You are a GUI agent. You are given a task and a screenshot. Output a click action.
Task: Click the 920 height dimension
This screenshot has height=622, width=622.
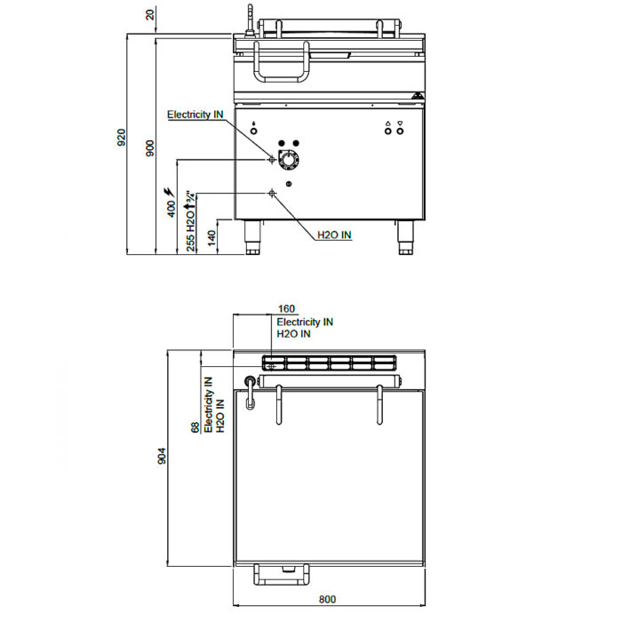pyautogui.click(x=122, y=137)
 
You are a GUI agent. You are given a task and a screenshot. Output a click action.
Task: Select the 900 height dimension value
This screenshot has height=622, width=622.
pyautogui.click(x=149, y=148)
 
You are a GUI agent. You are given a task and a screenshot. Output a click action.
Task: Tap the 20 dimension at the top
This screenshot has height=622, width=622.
pyautogui.click(x=149, y=15)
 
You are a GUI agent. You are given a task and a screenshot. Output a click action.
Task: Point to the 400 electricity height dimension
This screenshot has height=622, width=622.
pyautogui.click(x=171, y=209)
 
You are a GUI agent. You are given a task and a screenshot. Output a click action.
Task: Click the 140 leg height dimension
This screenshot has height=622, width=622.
pyautogui.click(x=211, y=237)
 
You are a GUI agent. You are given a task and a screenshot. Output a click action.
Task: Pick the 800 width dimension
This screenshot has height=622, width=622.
pyautogui.click(x=327, y=599)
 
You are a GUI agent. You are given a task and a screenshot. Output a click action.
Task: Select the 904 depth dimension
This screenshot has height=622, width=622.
pyautogui.click(x=162, y=456)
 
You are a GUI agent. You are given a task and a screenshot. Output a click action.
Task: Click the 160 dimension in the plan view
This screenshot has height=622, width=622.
pyautogui.click(x=286, y=308)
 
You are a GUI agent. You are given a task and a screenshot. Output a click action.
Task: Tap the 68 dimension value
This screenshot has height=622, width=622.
pyautogui.click(x=195, y=427)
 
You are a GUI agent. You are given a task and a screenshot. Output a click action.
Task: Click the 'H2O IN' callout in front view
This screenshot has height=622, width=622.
pyautogui.click(x=334, y=235)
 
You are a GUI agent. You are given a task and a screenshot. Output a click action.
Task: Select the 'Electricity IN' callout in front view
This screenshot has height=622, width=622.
pyautogui.click(x=195, y=115)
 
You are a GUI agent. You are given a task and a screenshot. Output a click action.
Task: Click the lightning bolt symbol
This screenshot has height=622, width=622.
pyautogui.click(x=170, y=192)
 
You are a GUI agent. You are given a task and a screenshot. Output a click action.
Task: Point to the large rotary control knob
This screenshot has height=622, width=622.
pyautogui.click(x=289, y=160)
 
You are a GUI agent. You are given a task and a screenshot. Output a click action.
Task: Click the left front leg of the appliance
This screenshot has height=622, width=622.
pyautogui.click(x=252, y=237)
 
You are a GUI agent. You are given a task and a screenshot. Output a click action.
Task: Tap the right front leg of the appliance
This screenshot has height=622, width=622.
pyautogui.click(x=405, y=237)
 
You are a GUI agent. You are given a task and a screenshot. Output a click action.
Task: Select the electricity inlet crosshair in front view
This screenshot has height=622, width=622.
pyautogui.click(x=272, y=159)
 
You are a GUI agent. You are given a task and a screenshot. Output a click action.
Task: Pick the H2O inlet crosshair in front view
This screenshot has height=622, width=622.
pyautogui.click(x=272, y=194)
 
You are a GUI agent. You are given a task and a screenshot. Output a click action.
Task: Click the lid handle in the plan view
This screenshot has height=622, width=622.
pyautogui.click(x=282, y=574)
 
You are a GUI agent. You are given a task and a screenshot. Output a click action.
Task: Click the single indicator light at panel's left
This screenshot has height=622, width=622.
pyautogui.click(x=254, y=132)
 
